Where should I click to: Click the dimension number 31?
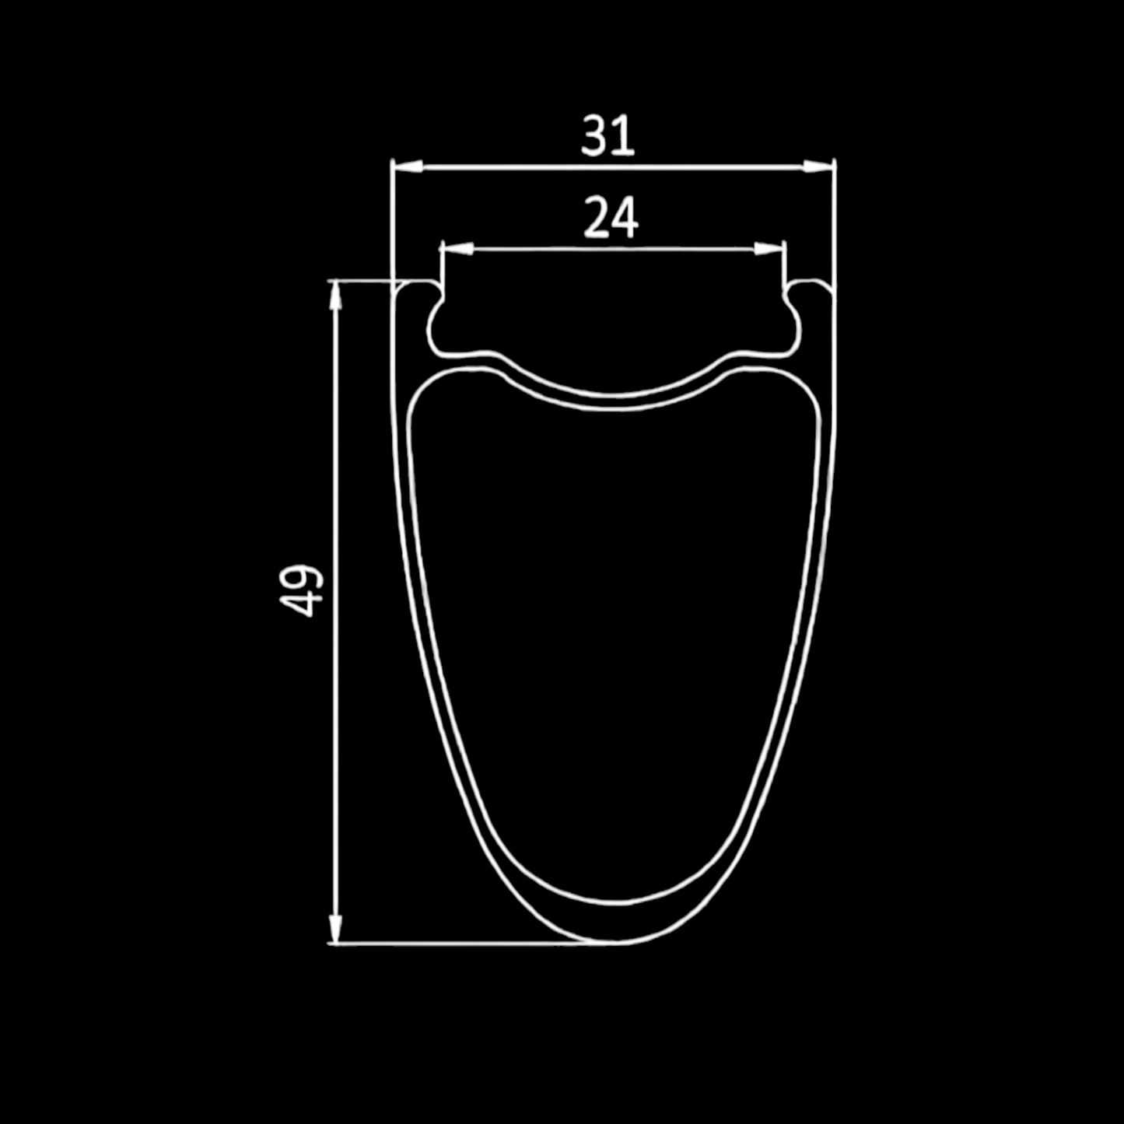(x=608, y=135)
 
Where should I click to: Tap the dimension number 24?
(x=611, y=218)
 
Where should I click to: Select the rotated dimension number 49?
(x=302, y=590)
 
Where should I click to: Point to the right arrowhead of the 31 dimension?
(x=818, y=166)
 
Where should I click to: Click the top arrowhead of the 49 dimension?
(x=335, y=296)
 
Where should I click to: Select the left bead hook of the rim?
(x=437, y=299)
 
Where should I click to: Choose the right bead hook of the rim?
(x=789, y=299)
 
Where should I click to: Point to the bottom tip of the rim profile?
(x=615, y=943)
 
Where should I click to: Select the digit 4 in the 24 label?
(x=625, y=218)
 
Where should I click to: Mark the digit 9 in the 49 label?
(x=302, y=577)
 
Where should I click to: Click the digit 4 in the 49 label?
(x=302, y=604)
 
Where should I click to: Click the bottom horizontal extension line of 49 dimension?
(x=467, y=944)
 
